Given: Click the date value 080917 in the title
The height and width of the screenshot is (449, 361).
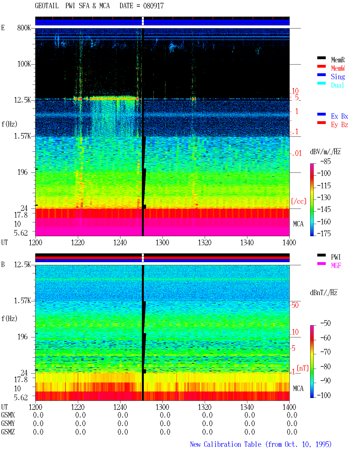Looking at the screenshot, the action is [x=153, y=6].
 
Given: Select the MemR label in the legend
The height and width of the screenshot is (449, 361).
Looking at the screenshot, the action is [x=338, y=60].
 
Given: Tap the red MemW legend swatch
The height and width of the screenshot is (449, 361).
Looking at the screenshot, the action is [x=321, y=66].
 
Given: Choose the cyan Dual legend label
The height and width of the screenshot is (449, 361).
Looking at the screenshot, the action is [x=337, y=85].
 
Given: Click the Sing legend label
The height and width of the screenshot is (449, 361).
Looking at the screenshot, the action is [x=338, y=77].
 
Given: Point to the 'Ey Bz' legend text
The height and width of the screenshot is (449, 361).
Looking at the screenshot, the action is [x=340, y=125].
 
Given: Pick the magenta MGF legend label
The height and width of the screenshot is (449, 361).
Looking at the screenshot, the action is [x=336, y=266].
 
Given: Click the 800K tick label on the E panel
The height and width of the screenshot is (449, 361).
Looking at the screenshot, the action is [x=24, y=28].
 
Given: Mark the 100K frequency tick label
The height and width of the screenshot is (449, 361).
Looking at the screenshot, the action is [x=24, y=64].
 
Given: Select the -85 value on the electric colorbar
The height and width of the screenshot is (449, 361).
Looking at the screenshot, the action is [x=325, y=161].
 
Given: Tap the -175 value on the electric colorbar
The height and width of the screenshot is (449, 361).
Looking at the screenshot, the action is [x=324, y=233].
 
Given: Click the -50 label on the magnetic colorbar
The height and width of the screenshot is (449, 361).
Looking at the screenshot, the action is [x=325, y=323].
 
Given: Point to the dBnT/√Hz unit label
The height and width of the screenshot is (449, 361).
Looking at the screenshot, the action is [x=323, y=293].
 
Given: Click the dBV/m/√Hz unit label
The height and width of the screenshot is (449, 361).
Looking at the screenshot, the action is [x=325, y=152].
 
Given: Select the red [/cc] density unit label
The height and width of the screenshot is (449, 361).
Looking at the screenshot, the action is [x=299, y=201].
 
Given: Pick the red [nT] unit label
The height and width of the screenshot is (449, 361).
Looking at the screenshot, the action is [x=303, y=368].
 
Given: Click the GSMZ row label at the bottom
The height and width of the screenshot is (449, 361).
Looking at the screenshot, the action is [x=8, y=432].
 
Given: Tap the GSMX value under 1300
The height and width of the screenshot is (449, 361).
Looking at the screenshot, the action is [x=165, y=415].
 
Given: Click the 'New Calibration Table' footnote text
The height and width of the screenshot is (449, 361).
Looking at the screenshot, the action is [x=226, y=444].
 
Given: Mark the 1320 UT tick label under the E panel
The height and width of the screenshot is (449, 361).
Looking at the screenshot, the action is [x=205, y=243].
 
